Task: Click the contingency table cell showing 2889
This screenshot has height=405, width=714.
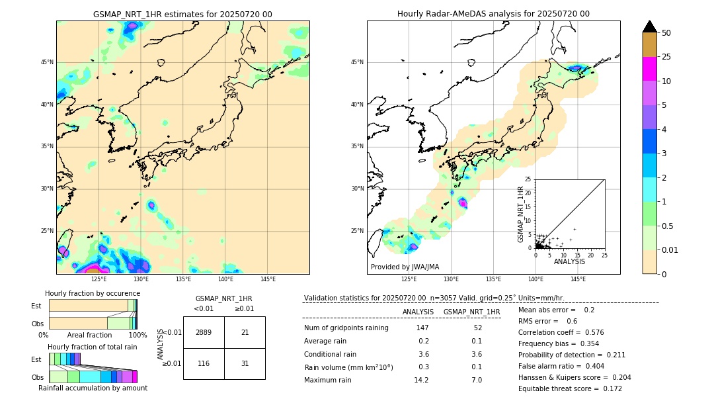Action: tap(204, 332)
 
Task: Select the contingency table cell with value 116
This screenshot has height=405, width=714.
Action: tap(204, 364)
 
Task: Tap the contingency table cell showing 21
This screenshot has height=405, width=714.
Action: tap(245, 332)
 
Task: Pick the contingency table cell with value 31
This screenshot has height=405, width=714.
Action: tap(245, 364)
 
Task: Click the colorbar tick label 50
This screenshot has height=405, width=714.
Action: tap(666, 33)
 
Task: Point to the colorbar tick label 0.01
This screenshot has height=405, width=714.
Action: tap(670, 249)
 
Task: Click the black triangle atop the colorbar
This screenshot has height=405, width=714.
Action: tap(650, 26)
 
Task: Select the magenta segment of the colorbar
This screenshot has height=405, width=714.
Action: tap(650, 69)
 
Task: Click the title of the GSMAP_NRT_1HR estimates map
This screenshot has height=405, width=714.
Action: tap(182, 14)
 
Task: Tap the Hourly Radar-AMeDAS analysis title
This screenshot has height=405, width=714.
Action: tap(493, 14)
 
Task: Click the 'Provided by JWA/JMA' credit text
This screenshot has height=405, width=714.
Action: tap(405, 267)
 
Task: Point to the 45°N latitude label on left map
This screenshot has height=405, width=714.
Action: tap(47, 62)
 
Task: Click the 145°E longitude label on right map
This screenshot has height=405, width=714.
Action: tap(578, 279)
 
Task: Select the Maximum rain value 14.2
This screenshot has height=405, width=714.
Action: tap(421, 380)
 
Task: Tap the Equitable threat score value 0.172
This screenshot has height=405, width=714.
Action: tap(610, 388)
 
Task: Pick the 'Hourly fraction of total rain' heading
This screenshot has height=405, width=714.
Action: tap(92, 347)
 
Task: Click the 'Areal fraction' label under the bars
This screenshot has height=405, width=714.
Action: tap(89, 335)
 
